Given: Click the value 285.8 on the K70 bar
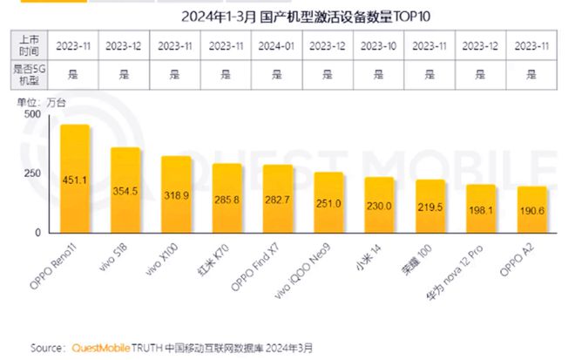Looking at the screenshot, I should pos(227,199).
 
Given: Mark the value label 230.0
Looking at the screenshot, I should pos(379,206).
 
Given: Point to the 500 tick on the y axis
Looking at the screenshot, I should pos(31,114).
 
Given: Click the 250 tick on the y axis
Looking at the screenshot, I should pos(31,173).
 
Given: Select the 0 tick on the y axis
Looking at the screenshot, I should pos(37,234).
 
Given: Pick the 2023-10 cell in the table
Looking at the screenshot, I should pos(379,44).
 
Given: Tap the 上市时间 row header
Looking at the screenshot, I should pos(27,44).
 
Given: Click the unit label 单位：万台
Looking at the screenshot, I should pos(40,102).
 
